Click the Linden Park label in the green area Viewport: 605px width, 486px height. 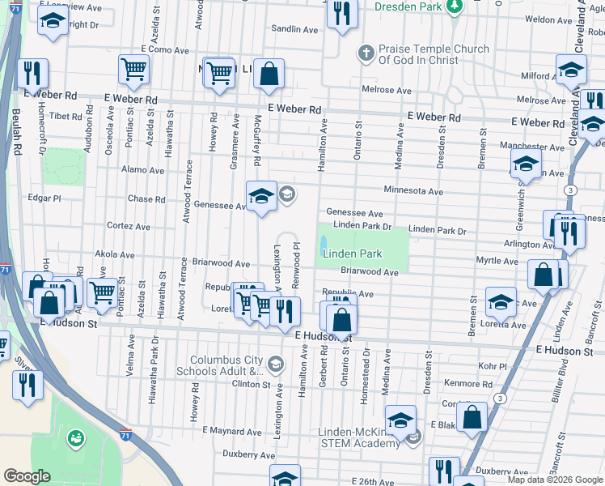point(352,254)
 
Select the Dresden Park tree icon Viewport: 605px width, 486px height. point(455,6)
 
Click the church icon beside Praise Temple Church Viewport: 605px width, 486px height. point(366,54)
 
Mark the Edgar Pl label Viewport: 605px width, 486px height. point(44,198)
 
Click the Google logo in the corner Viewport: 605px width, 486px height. point(27,476)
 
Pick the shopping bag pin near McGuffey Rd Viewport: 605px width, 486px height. point(269,74)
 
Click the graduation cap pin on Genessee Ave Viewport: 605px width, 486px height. point(261,196)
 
